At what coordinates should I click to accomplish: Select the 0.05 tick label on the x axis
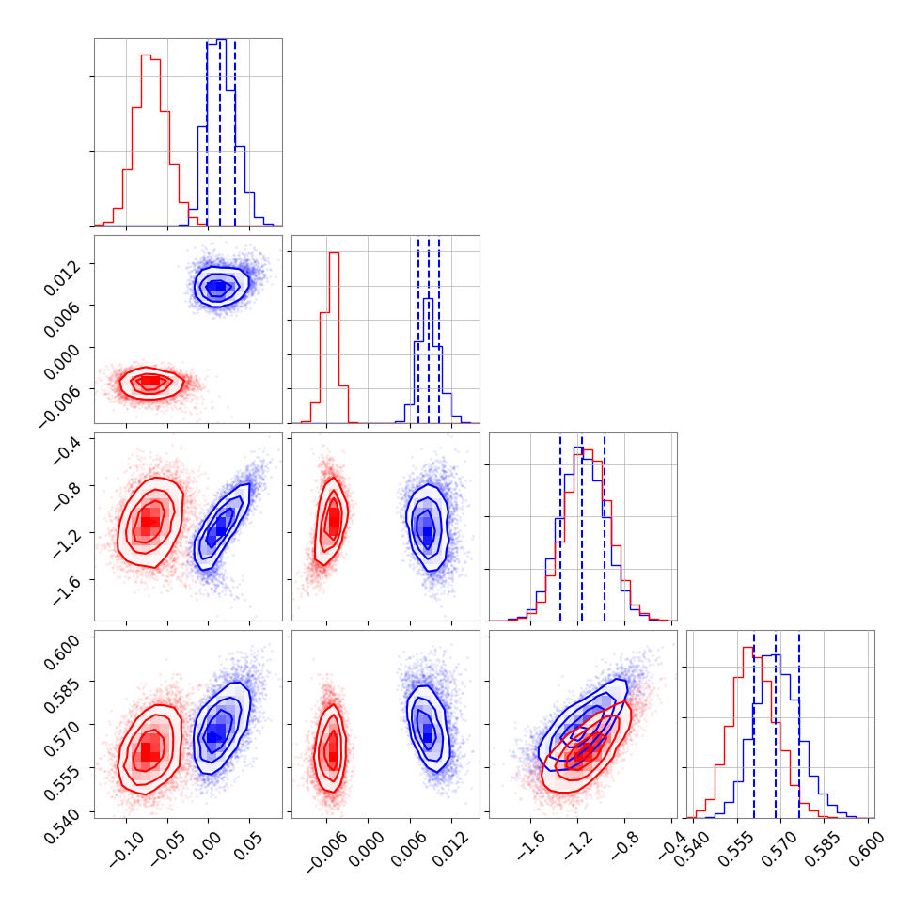pos(243,842)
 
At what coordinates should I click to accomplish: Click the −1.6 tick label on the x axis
pos(524,842)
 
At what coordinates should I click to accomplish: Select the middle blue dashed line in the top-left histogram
pos(220,132)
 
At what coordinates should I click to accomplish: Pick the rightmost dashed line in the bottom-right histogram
pos(799,719)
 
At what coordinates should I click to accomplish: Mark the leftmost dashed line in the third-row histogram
pos(560,527)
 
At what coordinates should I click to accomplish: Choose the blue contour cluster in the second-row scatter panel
pos(219,287)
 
